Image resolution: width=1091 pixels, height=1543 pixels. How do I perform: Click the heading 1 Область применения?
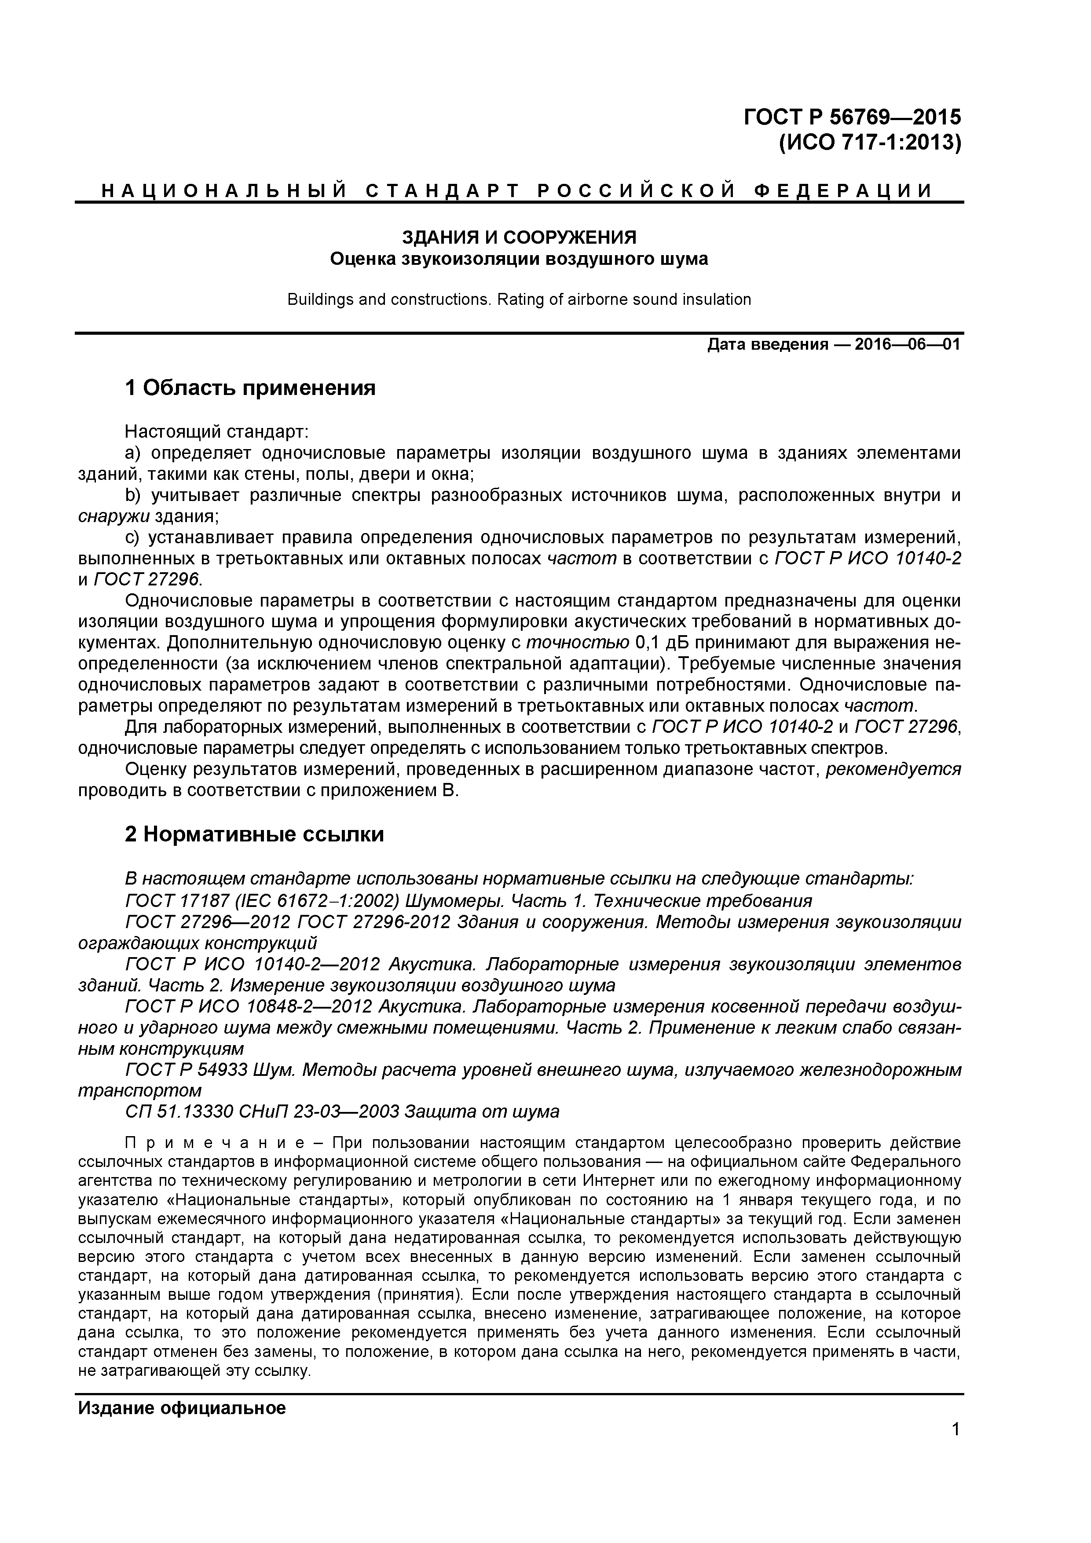click(250, 388)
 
